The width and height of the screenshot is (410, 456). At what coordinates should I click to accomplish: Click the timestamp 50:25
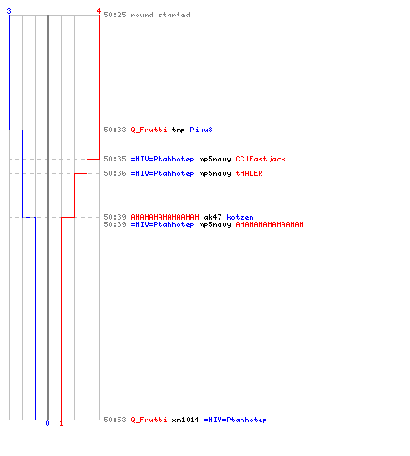coord(115,15)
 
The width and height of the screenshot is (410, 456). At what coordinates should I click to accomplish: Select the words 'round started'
coord(160,15)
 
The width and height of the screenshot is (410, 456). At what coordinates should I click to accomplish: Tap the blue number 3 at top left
coord(9,11)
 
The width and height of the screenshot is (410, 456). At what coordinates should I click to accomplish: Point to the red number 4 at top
coord(98,11)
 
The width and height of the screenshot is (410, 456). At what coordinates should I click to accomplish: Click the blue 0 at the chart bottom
coord(47,423)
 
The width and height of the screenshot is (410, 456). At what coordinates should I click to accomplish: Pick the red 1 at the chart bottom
coord(61,423)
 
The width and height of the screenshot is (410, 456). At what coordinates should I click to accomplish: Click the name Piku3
coord(201,130)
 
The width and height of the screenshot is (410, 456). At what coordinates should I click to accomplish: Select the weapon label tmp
coord(179,130)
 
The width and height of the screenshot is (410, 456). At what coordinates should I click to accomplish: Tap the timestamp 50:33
coord(115,130)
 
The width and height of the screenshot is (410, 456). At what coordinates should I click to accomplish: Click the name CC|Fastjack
coord(261,159)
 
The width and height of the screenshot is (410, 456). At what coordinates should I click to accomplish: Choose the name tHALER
coord(250,173)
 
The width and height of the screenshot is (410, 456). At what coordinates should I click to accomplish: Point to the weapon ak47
coord(212,217)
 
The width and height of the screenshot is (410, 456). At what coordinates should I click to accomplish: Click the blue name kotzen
coord(240,217)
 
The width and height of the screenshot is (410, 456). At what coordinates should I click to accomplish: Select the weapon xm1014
coord(185,420)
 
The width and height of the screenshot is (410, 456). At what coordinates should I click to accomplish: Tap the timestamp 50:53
coord(115,420)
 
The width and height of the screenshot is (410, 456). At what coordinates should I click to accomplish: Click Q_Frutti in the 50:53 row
coord(149,420)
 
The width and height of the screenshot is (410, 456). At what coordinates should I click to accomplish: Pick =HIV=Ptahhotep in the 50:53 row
coord(235,420)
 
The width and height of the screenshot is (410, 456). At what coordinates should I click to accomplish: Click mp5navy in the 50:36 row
coord(215,173)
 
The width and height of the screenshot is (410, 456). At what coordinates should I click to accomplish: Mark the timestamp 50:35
coord(115,159)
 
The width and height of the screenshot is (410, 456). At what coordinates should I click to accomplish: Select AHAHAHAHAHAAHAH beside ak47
coord(165,217)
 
